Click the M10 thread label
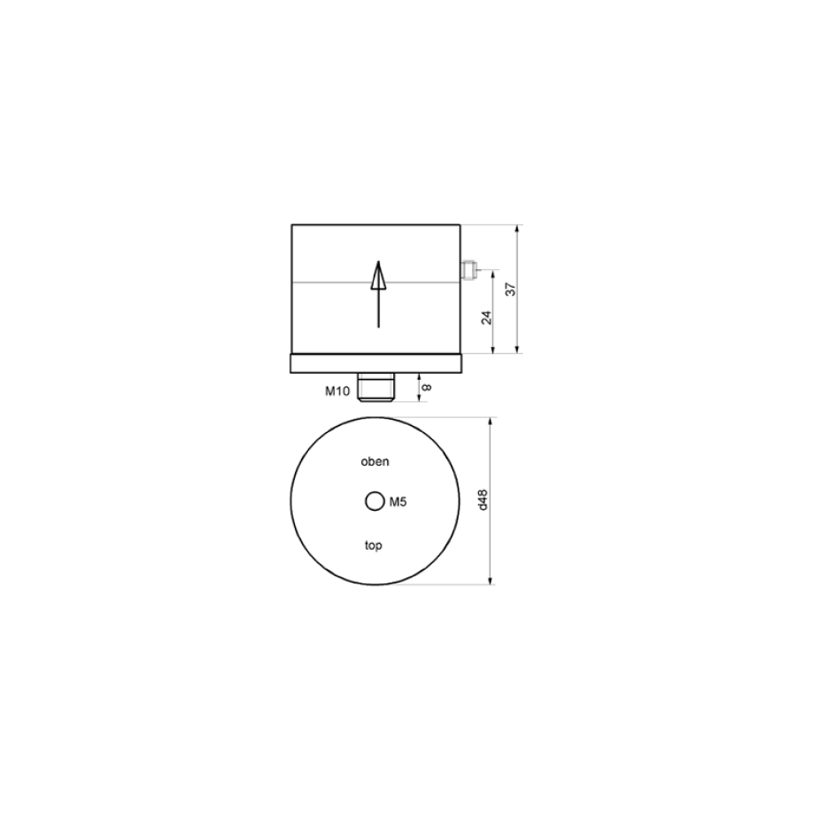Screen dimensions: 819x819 pyautogui.click(x=337, y=390)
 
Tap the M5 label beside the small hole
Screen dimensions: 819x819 pyautogui.click(x=398, y=502)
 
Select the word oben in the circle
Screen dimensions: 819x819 pyautogui.click(x=375, y=461)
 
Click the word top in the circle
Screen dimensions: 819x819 pyautogui.click(x=374, y=545)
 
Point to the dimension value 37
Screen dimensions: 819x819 pyautogui.click(x=511, y=289)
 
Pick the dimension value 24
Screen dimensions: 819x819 pyautogui.click(x=487, y=317)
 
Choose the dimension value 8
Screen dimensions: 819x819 pyautogui.click(x=427, y=388)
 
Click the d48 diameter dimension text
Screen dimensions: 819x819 pyautogui.click(x=483, y=500)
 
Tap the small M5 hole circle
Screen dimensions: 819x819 pyautogui.click(x=375, y=501)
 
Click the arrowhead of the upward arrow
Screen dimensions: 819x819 pyautogui.click(x=379, y=275)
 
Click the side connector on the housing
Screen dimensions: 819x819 pyautogui.click(x=467, y=270)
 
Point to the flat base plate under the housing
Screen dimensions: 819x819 pyautogui.click(x=376, y=363)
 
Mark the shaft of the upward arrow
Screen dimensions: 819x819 pyautogui.click(x=379, y=308)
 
